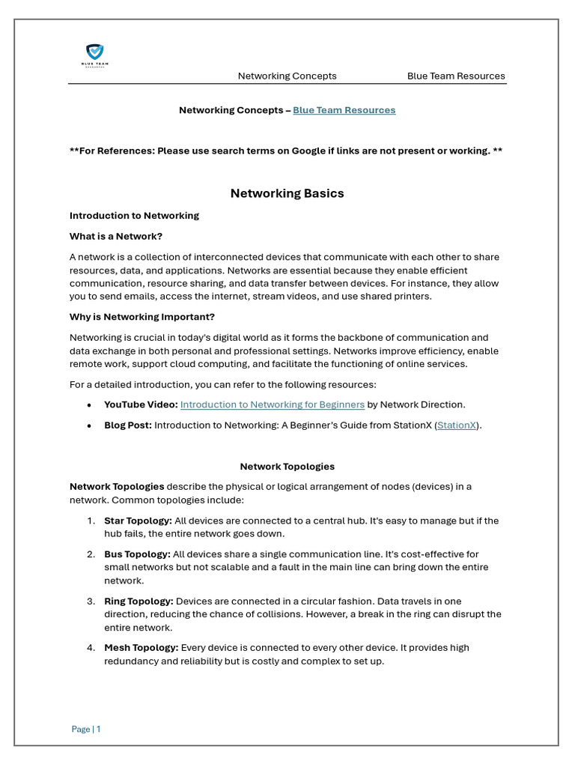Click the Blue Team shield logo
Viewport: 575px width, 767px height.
point(94,53)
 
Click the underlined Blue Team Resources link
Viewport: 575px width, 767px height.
point(344,110)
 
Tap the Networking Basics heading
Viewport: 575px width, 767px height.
point(287,193)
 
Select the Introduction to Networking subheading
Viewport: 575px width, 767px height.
point(134,216)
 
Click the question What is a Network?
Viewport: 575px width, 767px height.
point(115,237)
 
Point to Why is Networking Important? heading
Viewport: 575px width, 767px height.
point(142,317)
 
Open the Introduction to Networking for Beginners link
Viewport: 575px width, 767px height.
point(273,404)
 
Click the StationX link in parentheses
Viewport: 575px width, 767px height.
point(457,425)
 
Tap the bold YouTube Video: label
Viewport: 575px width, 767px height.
point(141,404)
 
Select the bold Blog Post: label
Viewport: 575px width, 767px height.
point(128,425)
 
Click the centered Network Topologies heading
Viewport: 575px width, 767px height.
point(287,467)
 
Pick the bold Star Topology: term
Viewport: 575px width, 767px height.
point(138,521)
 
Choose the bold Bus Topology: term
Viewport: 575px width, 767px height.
point(137,554)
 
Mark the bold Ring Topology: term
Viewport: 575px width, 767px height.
point(139,601)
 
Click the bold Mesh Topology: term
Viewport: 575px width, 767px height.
point(141,648)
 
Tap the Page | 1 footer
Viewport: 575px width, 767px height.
point(86,729)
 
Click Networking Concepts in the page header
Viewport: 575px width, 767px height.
point(287,76)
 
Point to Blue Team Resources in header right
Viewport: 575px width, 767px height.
point(455,76)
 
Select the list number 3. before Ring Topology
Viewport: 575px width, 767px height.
point(91,601)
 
